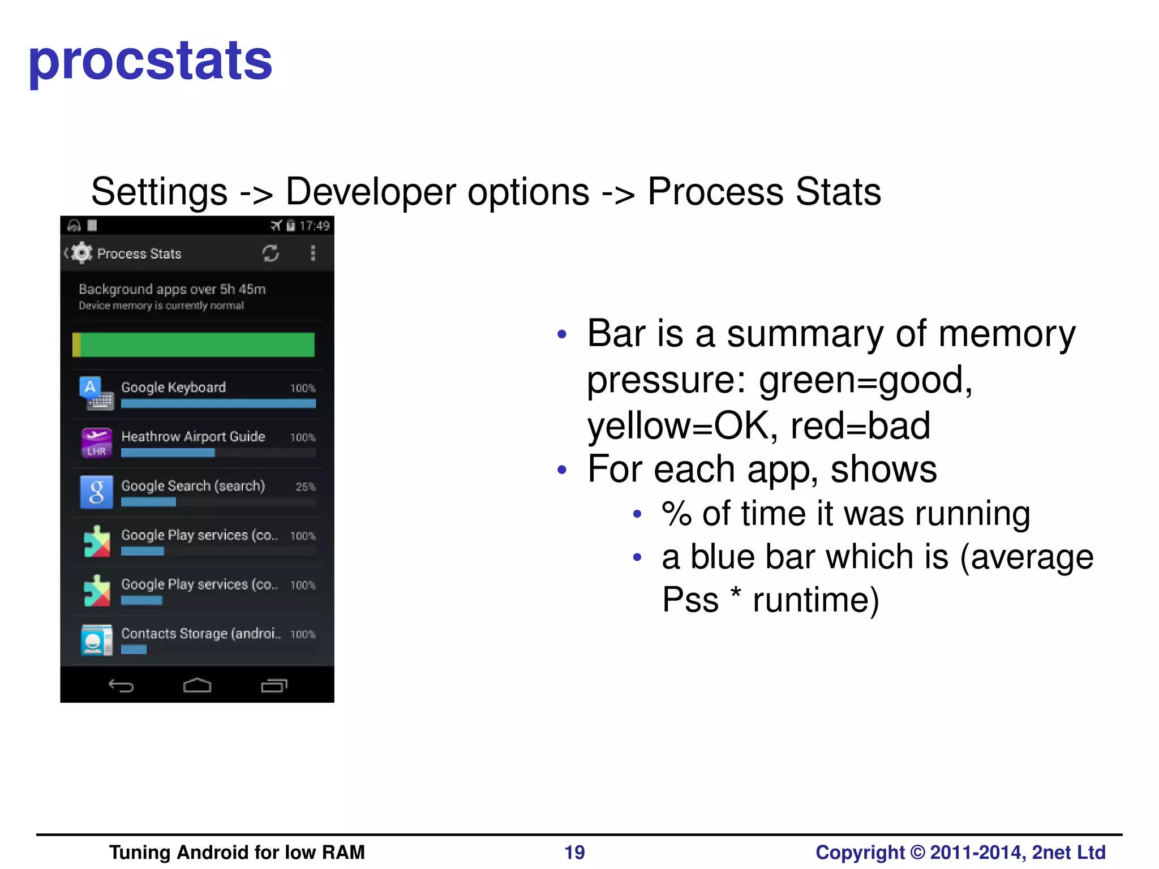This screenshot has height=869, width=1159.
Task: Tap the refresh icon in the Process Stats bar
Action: coord(271,253)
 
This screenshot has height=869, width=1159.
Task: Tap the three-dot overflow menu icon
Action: coord(312,253)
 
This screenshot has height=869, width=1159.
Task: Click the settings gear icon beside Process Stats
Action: coord(82,253)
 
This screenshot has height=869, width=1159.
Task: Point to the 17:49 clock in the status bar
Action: coord(314,226)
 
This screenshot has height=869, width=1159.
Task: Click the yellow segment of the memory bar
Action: coord(76,345)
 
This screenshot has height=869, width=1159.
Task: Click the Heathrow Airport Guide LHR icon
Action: coord(96,442)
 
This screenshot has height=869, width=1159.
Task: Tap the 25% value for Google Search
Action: coord(306,487)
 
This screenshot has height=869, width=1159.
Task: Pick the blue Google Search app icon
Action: coord(96,492)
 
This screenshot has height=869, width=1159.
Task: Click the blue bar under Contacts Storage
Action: coord(134,649)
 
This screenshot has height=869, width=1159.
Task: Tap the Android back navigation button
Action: coord(121,686)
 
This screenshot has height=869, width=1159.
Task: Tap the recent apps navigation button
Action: coord(274,686)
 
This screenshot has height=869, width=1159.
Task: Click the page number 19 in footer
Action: coord(574,852)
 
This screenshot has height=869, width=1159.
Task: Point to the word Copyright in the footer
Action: coord(860,852)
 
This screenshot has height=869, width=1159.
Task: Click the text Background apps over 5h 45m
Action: coord(172,289)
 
